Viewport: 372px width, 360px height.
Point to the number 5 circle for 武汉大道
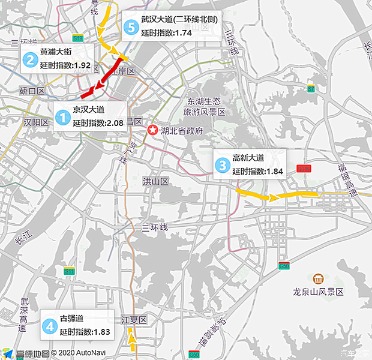(130, 27)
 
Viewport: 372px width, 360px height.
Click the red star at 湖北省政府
(154, 131)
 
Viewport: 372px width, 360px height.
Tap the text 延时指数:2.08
(98, 123)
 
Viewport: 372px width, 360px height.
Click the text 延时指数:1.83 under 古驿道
(85, 332)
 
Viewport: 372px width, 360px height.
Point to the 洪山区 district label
(156, 181)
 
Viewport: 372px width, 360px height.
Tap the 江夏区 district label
(134, 320)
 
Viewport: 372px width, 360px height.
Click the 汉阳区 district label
(35, 122)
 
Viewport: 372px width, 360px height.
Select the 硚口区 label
(32, 91)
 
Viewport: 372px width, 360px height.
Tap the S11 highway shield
(70, 271)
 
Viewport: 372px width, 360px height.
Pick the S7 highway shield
(310, 89)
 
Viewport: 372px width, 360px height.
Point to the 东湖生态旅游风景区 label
(204, 106)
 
